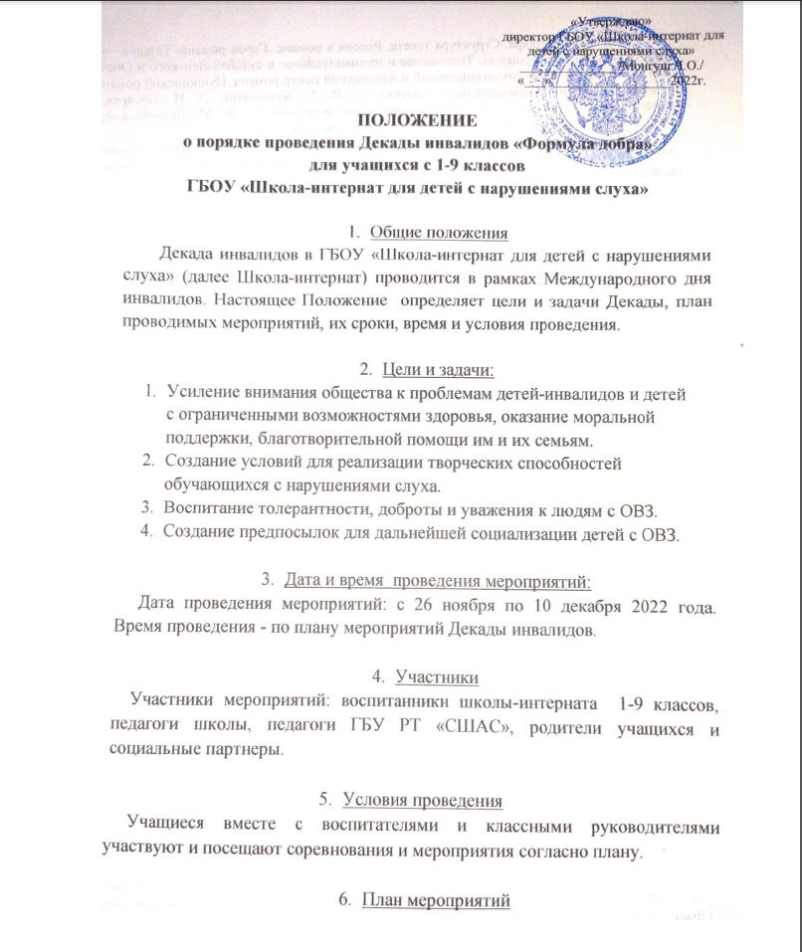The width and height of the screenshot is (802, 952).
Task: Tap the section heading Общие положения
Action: [x=439, y=233]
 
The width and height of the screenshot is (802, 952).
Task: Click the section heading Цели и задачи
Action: [x=439, y=370]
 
